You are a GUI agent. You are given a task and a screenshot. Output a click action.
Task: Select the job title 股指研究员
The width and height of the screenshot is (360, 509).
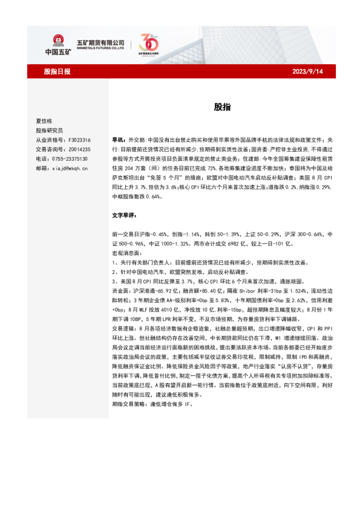[x=49, y=130]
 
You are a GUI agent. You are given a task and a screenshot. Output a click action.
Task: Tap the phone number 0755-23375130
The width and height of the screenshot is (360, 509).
[x=73, y=159]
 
